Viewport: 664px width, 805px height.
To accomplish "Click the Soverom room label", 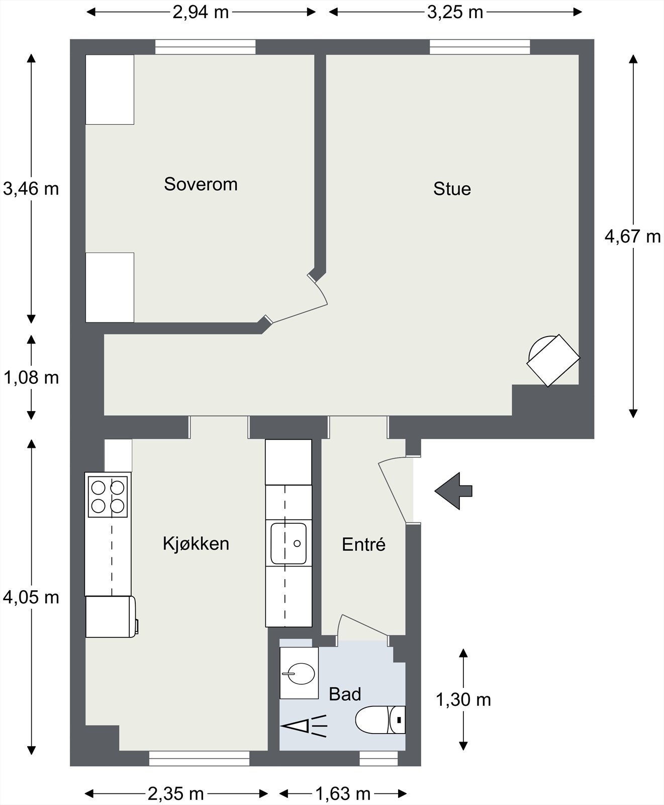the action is coord(201,184).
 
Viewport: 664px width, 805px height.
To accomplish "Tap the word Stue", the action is coord(452,189).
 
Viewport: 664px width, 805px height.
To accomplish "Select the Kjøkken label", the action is coord(196,543).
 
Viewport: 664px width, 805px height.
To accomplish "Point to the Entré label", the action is coord(363,544).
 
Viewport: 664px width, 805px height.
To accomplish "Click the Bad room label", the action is coord(345,694).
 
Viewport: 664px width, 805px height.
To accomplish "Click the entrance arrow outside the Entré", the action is coord(453,491).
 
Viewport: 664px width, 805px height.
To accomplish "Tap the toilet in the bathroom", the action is coord(380,719).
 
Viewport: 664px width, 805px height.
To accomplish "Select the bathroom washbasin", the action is coord(299,673).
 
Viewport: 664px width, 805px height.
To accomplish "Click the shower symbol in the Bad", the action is coord(304,726).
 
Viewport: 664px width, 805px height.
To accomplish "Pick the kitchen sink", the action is coord(289,544).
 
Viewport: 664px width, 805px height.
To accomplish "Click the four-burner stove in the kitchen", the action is coord(108,497).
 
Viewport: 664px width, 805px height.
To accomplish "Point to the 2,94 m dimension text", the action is coord(201,12).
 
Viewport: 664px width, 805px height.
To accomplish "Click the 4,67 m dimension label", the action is coord(632,236).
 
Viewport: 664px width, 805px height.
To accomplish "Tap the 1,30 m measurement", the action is coord(463,699).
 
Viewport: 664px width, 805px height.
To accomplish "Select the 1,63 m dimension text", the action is coord(343,793).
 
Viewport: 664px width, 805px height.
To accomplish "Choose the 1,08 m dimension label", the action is coord(31,377).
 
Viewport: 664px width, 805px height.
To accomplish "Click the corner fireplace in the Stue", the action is coord(553,360).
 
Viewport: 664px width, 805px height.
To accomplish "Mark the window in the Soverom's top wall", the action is coord(205,47).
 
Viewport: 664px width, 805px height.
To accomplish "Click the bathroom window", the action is coord(379,759).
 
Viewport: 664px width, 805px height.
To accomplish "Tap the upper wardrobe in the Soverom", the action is coord(110,90).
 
